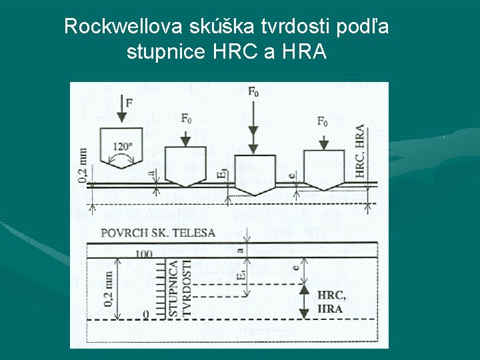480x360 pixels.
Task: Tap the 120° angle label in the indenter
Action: click(123, 147)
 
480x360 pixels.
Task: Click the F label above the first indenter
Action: click(128, 102)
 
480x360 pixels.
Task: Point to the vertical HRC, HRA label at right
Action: click(361, 151)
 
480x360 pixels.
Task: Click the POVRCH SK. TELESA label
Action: click(157, 233)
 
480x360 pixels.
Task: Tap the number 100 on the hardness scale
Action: click(144, 254)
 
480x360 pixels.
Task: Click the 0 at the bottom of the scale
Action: click(146, 313)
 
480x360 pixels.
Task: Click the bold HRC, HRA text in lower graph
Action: click(331, 302)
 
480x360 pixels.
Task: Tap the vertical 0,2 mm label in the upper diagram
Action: click(83, 165)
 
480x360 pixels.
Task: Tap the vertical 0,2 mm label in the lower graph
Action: click(109, 289)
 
